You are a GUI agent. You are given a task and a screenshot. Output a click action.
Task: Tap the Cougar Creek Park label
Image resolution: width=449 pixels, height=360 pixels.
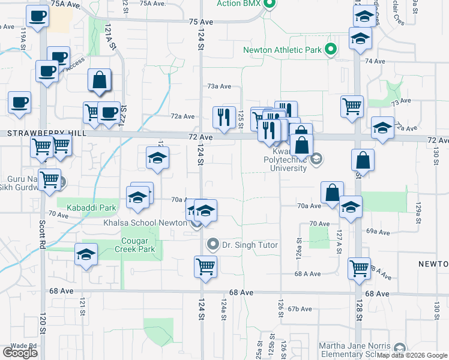tap(139, 245)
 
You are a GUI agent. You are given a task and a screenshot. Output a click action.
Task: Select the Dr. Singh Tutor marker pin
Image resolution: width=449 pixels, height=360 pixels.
tap(212, 244)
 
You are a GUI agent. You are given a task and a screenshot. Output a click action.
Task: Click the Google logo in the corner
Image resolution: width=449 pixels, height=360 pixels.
tap(20, 353)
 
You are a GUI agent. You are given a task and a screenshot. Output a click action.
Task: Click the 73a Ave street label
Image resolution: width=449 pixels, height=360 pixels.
tap(220, 86)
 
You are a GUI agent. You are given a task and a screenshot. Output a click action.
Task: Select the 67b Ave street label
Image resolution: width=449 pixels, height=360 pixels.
tap(300, 309)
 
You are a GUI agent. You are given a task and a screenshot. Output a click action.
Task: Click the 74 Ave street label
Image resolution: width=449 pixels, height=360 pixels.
tap(375, 61)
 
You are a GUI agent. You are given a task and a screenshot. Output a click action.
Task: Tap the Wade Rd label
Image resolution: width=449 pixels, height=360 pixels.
tap(25, 346)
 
